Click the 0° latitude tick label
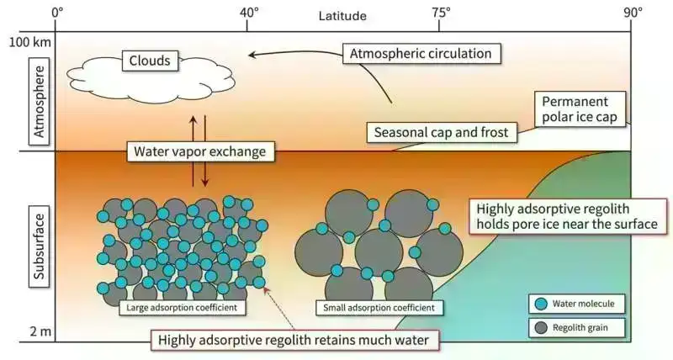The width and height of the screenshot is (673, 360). pos(57,13)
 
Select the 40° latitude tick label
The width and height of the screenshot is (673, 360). pos(249,13)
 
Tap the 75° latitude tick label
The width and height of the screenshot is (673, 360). pos(441,13)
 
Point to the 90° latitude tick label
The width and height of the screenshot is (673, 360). pos(633,13)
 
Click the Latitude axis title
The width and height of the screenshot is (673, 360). pos(342,15)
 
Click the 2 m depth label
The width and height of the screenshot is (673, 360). pos(39,331)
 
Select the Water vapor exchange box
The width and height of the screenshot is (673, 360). pos(199,153)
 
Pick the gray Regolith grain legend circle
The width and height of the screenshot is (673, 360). pos(541,326)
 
